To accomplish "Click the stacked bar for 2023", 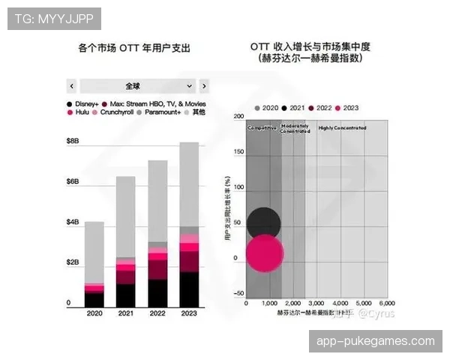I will (189, 225).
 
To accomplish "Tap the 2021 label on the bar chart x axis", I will (126, 313).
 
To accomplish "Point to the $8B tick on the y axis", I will (73, 141).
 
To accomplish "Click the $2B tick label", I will (73, 262).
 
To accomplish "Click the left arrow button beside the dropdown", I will (72, 85).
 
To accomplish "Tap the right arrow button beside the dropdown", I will (204, 85).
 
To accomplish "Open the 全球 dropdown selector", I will (137, 85).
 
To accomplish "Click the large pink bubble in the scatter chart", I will (265, 253).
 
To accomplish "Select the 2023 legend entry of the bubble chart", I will (346, 108).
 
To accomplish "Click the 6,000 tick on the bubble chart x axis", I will (386, 303).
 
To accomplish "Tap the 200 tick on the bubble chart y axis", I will (239, 118).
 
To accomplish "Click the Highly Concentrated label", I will (342, 128).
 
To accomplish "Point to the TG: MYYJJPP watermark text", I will (53, 17).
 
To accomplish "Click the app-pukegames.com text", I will (376, 340).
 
